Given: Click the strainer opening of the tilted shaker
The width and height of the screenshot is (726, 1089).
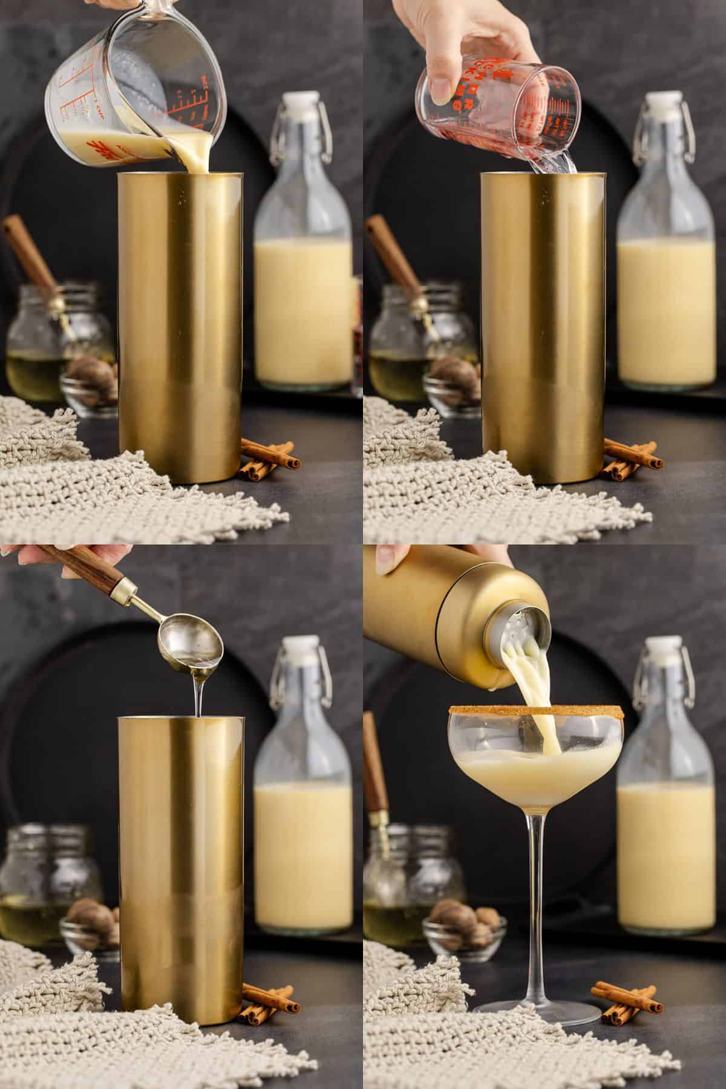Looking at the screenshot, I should point(522,632).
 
